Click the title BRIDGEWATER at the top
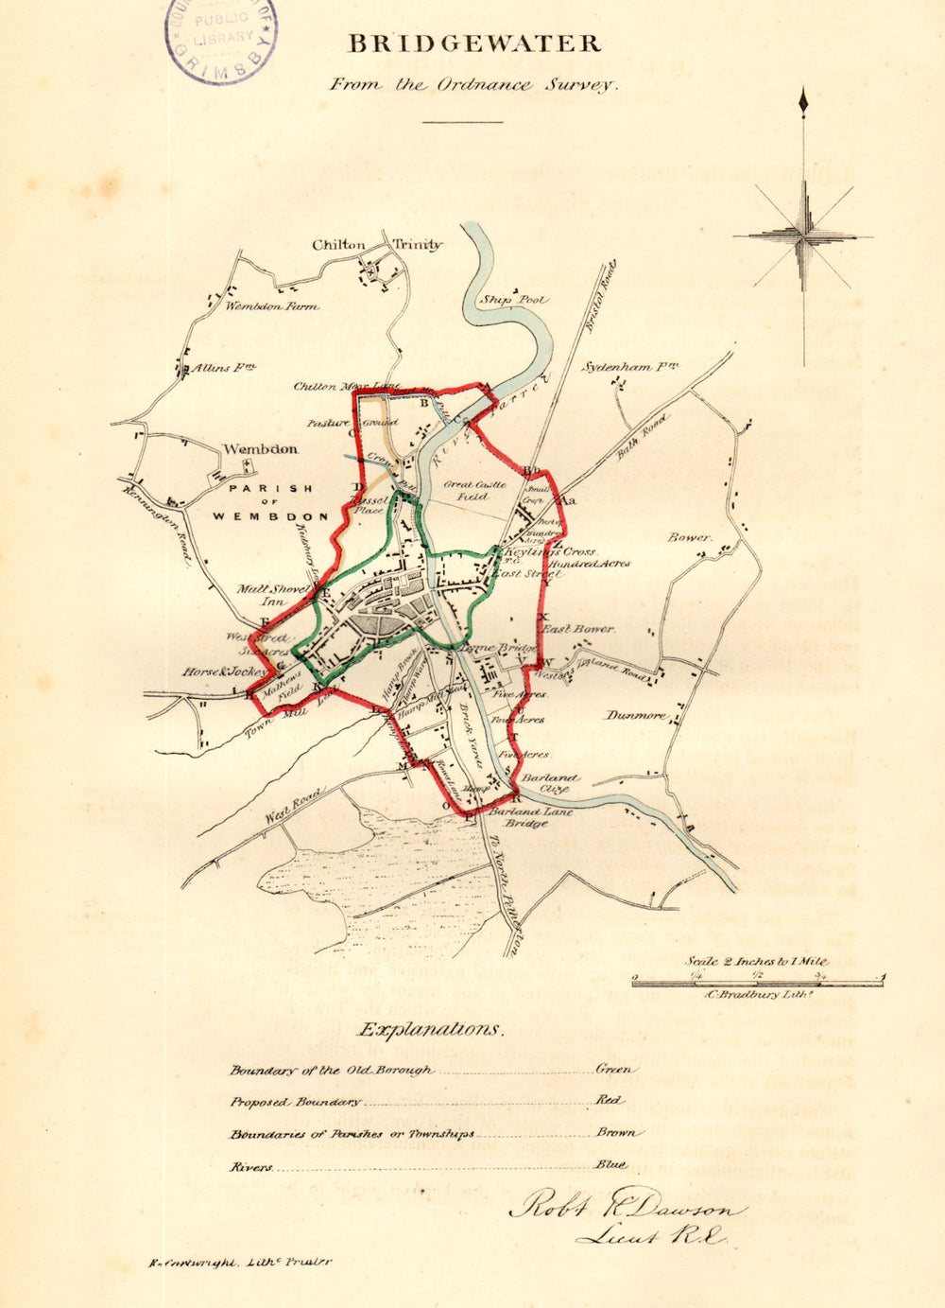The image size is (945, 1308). pyautogui.click(x=473, y=44)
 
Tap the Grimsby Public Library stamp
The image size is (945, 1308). pyautogui.click(x=223, y=38)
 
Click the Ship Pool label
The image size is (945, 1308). pyautogui.click(x=513, y=300)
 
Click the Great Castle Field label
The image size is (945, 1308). pyautogui.click(x=474, y=490)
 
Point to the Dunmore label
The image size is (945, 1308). pyautogui.click(x=636, y=715)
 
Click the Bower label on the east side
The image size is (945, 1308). pyautogui.click(x=689, y=537)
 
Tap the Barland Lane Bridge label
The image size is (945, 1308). pyautogui.click(x=526, y=817)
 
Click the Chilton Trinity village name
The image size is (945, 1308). pyautogui.click(x=376, y=244)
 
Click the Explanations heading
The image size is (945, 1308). pyautogui.click(x=429, y=1029)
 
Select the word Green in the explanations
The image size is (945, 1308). pyautogui.click(x=615, y=1069)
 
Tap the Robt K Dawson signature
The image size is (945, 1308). pyautogui.click(x=626, y=1207)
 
